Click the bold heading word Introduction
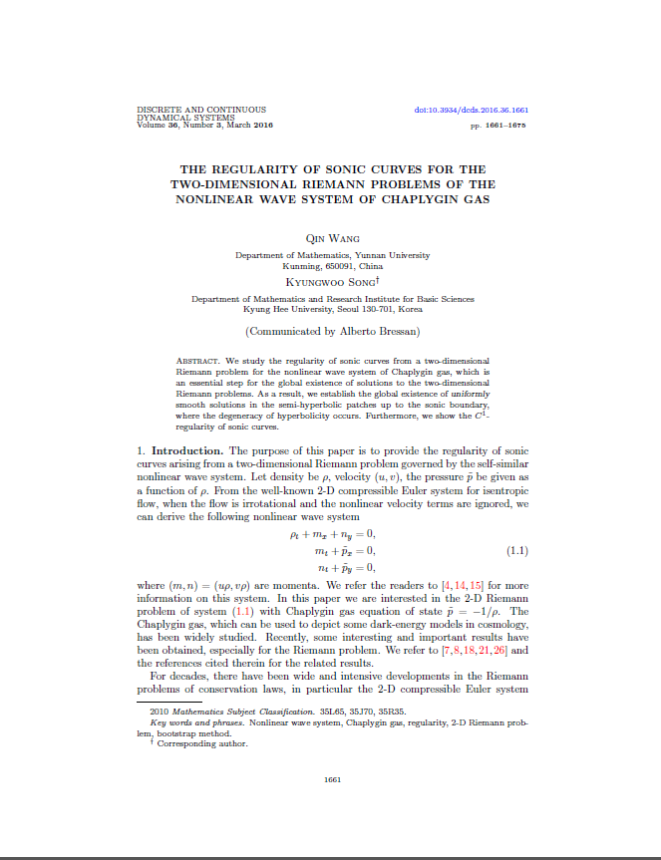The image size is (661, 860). tap(193, 451)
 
